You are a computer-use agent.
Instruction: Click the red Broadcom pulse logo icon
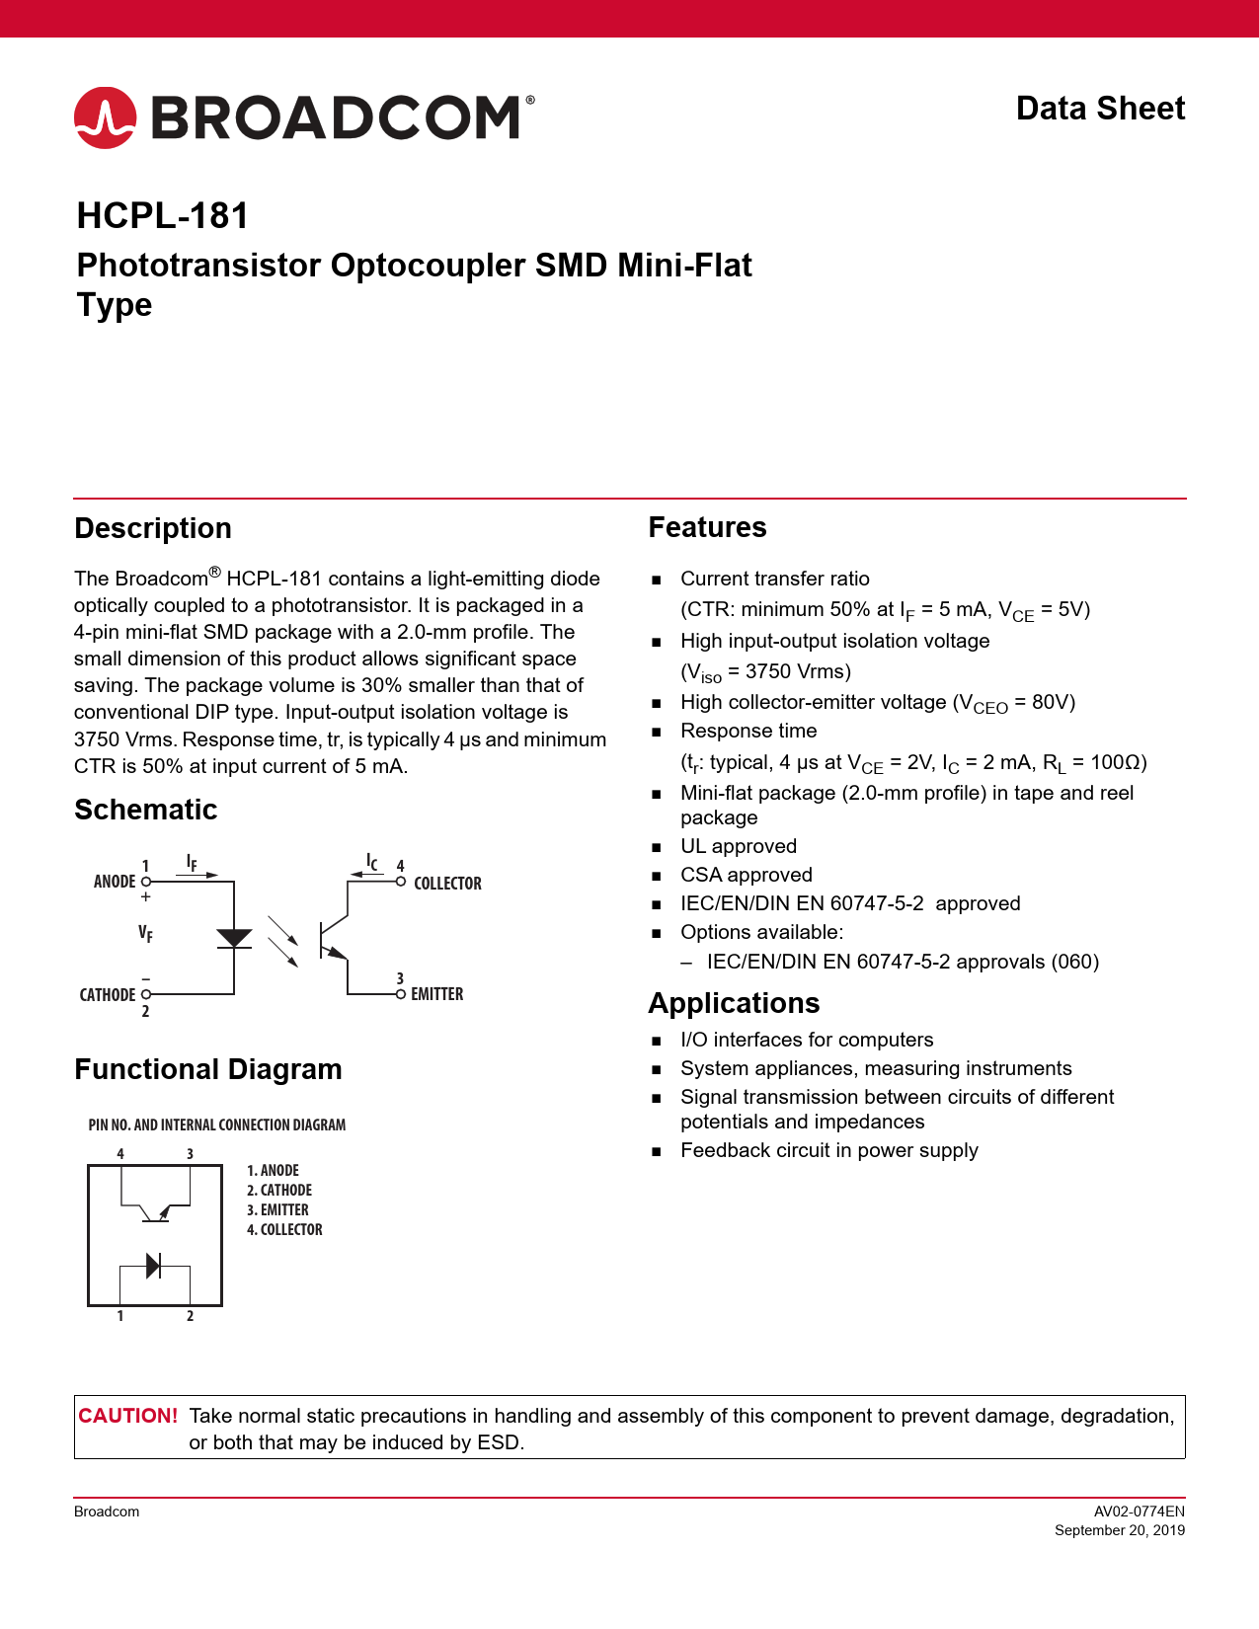(105, 117)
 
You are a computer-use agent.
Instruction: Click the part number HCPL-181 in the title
(163, 215)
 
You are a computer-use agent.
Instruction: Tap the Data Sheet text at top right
(1100, 109)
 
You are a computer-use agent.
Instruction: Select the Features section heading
(707, 527)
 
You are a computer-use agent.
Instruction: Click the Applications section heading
(734, 1003)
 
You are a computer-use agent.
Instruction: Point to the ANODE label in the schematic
(115, 882)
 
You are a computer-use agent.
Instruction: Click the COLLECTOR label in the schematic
(447, 884)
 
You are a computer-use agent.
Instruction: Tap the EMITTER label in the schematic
(436, 994)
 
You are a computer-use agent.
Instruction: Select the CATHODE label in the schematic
(108, 995)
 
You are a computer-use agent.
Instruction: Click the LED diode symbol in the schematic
(234, 938)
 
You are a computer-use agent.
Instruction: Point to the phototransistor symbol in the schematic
(334, 939)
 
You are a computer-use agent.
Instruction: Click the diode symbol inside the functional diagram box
(153, 1265)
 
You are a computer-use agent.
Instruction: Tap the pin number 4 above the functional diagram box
(120, 1153)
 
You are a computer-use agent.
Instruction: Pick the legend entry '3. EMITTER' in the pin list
(277, 1209)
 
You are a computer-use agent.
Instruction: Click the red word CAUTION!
(128, 1416)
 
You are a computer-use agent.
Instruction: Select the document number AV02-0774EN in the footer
(1139, 1511)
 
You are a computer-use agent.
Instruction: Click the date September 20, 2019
(1119, 1530)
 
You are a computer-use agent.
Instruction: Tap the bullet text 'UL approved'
(738, 846)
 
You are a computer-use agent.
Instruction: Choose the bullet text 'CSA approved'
(746, 875)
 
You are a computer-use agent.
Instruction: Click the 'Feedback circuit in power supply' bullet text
(828, 1150)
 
